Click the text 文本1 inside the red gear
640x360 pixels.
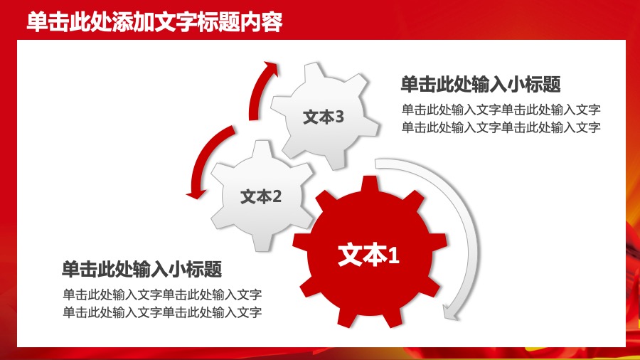(368, 255)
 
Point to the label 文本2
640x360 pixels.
(261, 196)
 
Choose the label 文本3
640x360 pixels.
(324, 117)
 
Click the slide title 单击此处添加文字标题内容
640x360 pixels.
(154, 23)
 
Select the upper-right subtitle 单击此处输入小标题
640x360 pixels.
(481, 85)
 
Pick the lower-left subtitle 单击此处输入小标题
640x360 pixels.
(142, 269)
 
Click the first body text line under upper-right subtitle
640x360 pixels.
(501, 110)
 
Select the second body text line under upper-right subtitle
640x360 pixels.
(501, 127)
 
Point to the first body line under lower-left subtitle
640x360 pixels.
(162, 294)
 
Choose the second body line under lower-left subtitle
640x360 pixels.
(162, 312)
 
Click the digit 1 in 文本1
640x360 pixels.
(393, 256)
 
